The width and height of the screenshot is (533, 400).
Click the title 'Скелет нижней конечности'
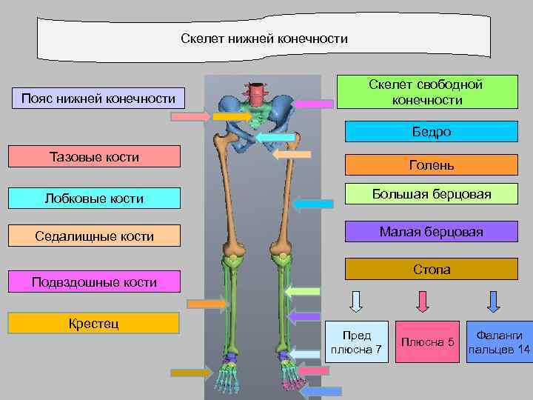[x=264, y=39]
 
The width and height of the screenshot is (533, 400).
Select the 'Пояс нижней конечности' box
[x=98, y=98]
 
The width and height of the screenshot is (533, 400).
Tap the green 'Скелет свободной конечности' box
[x=427, y=93]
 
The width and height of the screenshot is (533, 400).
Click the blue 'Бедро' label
[x=432, y=132]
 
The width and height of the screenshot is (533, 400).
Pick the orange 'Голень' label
[x=432, y=165]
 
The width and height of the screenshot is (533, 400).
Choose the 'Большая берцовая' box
[x=432, y=195]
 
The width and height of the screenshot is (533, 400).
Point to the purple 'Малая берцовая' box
[x=432, y=232]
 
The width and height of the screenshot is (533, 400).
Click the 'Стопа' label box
[x=432, y=269]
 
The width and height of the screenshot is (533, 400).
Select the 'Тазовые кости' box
[x=94, y=156]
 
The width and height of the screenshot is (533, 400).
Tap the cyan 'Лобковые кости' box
[x=94, y=198]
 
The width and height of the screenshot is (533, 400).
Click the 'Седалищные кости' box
[x=94, y=236]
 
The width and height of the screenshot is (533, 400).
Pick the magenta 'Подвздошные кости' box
[x=94, y=281]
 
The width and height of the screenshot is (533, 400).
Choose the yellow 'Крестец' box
[x=94, y=323]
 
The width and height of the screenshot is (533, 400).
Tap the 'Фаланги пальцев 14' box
[x=499, y=341]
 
